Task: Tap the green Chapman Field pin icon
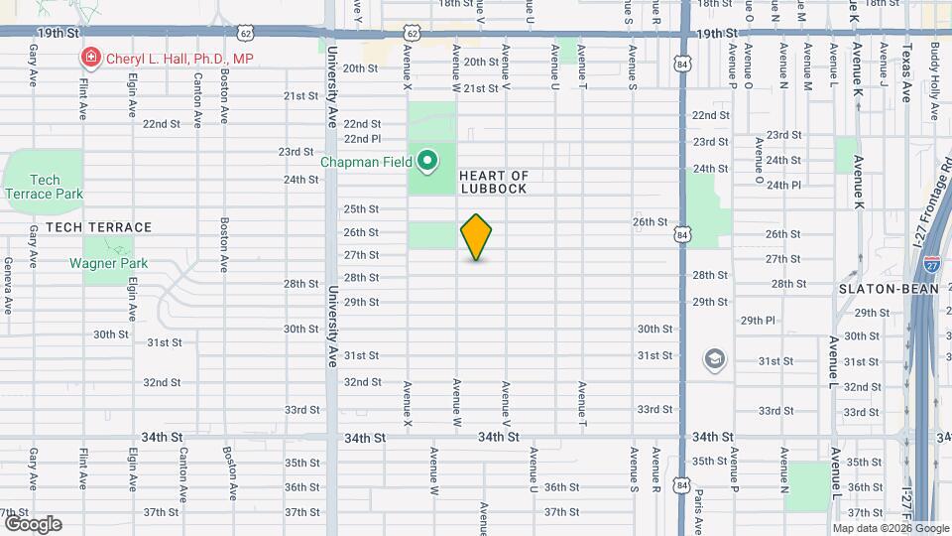[x=427, y=160]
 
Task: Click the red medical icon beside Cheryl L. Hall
[x=91, y=59]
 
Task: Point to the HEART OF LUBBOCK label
[x=493, y=182]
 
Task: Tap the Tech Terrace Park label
[x=44, y=187]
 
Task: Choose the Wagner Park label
[x=108, y=263]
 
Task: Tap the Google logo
[x=33, y=524]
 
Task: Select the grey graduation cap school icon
[x=713, y=358]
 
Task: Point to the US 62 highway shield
[x=411, y=33]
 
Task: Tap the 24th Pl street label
[x=782, y=185]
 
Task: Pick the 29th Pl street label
[x=758, y=321]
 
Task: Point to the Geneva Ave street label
[x=8, y=286]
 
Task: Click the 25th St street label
[x=361, y=209]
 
